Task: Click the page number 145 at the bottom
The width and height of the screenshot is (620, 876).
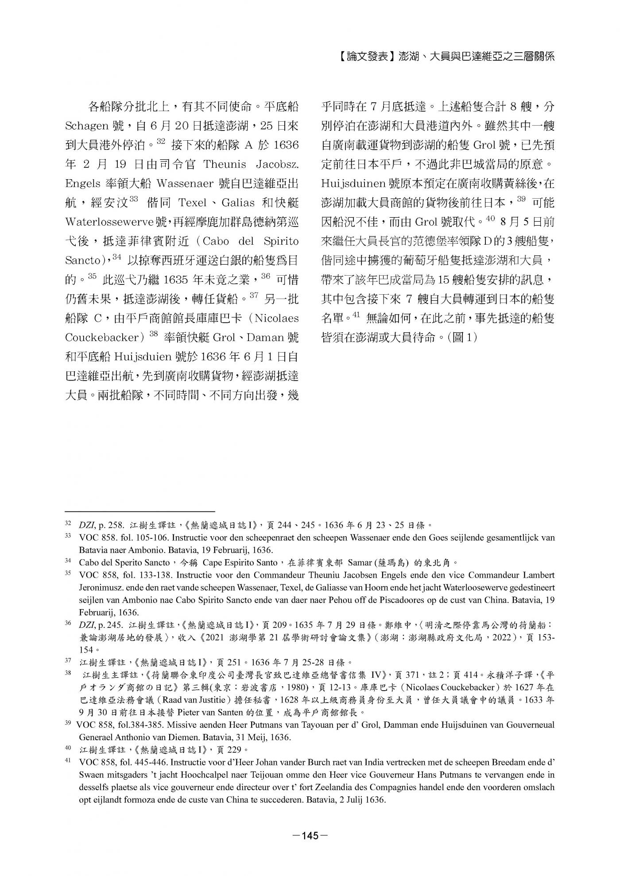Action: coord(310,836)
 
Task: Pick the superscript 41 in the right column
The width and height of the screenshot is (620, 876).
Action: coord(357,315)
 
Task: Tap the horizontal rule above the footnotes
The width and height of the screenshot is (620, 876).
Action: coord(139,511)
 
